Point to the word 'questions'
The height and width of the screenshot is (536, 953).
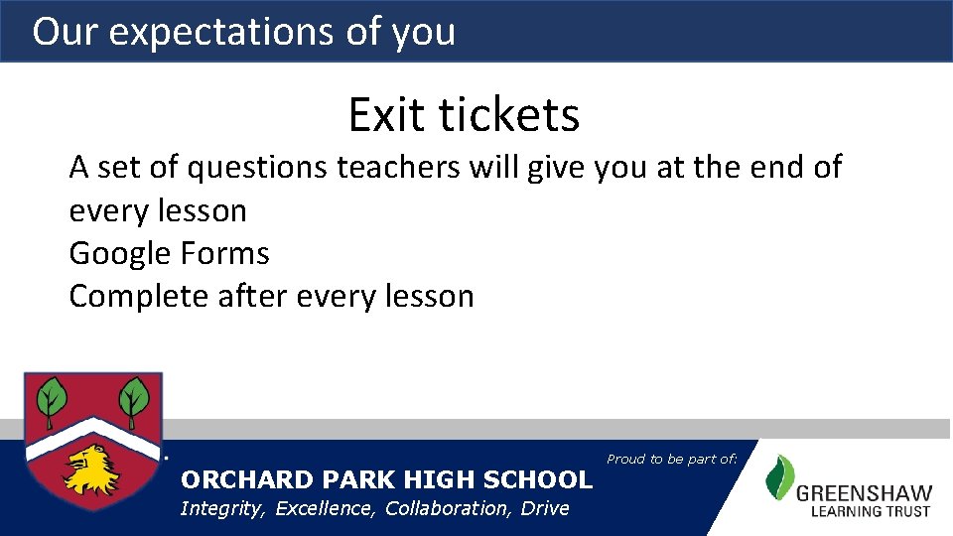257,168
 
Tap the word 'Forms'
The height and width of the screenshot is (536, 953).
224,254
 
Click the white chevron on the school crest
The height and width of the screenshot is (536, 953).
92,434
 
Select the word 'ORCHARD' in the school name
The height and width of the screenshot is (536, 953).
236,479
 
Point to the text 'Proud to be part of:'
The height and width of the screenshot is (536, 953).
672,459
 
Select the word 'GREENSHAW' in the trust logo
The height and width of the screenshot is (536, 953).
864,492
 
